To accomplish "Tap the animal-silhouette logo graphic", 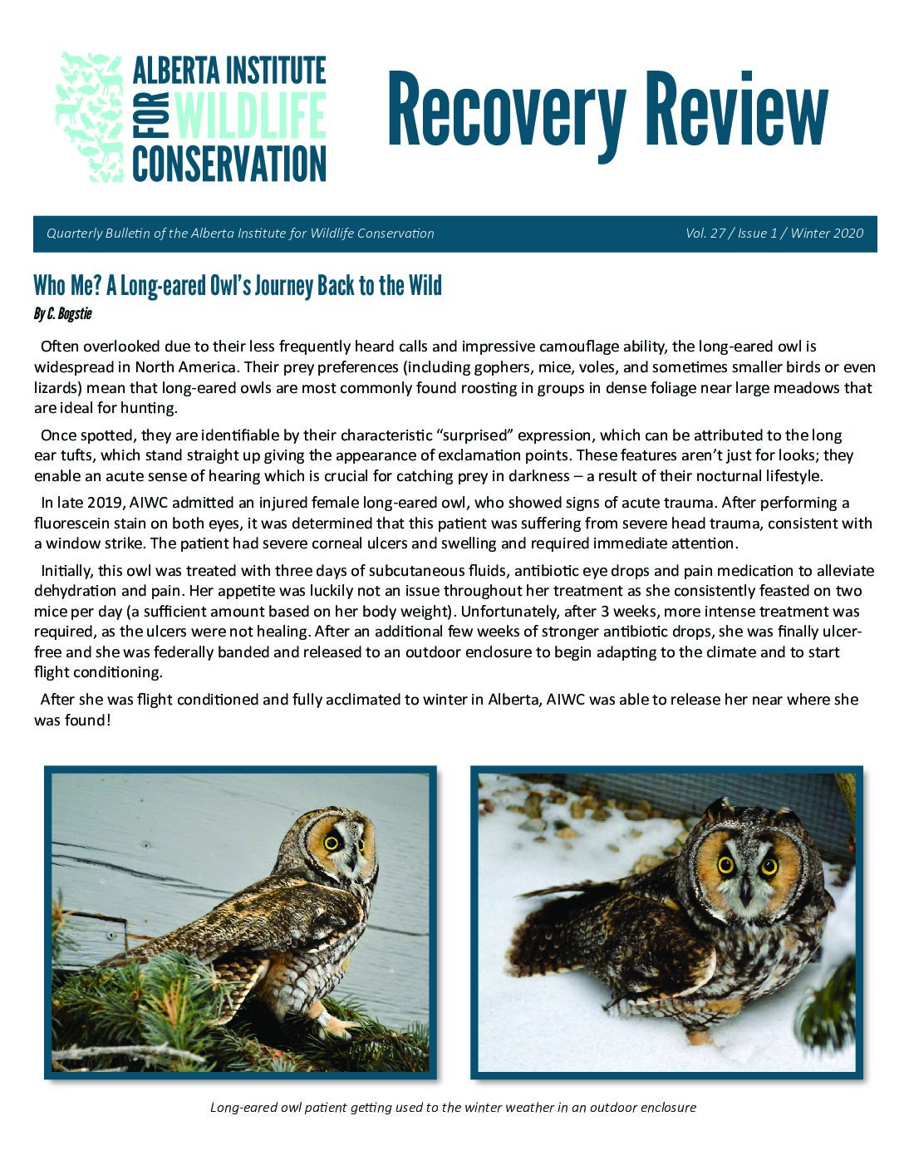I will pos(90,117).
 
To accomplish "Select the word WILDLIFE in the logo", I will pos(250,117).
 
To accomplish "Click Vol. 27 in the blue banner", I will pos(705,234).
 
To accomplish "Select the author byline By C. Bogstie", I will pos(62,314).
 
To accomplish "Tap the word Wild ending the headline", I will pos(424,286).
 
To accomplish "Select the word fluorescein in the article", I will pos(72,524).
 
